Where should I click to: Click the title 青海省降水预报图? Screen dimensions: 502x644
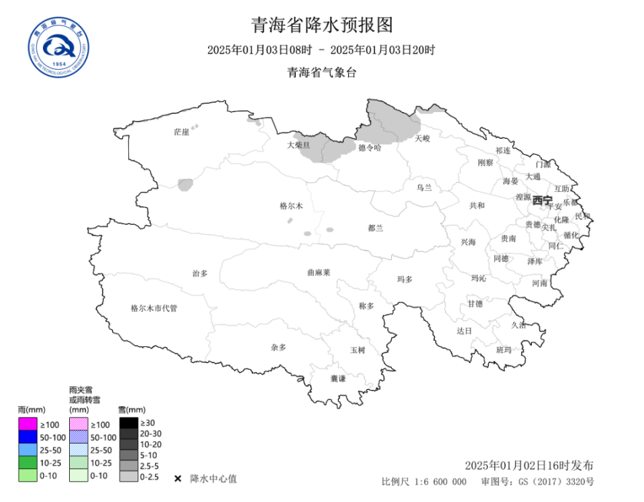321,26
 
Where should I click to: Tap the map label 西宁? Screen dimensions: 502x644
542,200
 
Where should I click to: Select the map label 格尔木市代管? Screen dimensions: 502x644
154,308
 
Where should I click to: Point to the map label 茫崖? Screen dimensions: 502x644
181,132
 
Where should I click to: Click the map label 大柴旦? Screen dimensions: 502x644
299,145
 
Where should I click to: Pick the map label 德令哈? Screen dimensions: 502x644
369,148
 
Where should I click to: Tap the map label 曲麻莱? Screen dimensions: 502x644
319,272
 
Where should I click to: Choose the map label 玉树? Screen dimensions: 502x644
358,350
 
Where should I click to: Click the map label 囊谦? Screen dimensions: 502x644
338,379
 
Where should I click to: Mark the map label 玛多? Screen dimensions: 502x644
405,279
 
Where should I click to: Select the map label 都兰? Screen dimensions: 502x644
376,228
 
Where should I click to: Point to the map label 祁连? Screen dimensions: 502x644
503,150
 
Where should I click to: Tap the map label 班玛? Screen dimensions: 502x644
504,350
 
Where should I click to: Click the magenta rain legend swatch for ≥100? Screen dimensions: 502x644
27,424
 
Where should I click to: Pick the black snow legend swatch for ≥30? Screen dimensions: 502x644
129,423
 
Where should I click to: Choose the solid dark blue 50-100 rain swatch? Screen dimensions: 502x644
27,437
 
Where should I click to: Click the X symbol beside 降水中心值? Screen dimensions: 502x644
178,479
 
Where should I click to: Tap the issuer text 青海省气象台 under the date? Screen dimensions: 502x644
321,72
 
